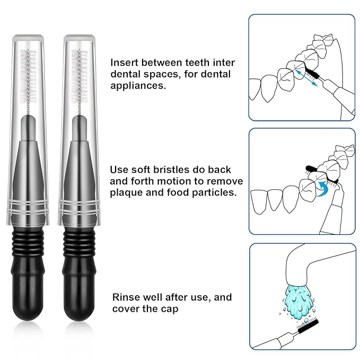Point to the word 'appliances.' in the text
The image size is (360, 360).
[136, 85]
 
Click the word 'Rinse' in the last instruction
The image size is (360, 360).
[125, 297]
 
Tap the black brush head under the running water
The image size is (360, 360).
[306, 328]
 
